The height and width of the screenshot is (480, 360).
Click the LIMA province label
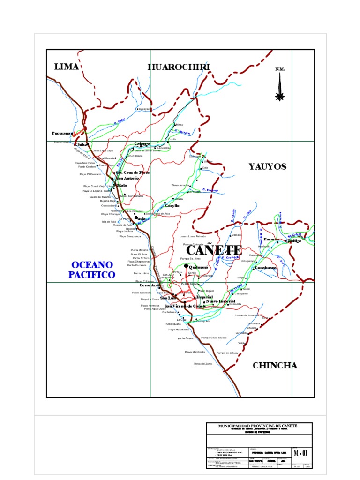tap(66, 67)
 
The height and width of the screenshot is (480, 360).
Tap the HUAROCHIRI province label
tap(179, 67)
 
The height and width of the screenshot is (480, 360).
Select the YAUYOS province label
tap(267, 166)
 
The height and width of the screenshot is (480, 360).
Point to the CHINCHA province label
tap(275, 366)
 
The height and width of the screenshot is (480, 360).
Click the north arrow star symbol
tap(280, 97)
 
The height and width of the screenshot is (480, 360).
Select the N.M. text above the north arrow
tap(280, 69)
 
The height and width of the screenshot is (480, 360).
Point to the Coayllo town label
tap(172, 206)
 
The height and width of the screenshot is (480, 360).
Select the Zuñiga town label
tap(294, 240)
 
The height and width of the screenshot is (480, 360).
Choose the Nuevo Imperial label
tap(221, 301)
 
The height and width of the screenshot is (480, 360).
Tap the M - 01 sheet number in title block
tap(300, 453)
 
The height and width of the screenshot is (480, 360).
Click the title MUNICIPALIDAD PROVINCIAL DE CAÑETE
tap(258, 425)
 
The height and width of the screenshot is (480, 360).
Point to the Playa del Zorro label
tap(202, 364)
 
